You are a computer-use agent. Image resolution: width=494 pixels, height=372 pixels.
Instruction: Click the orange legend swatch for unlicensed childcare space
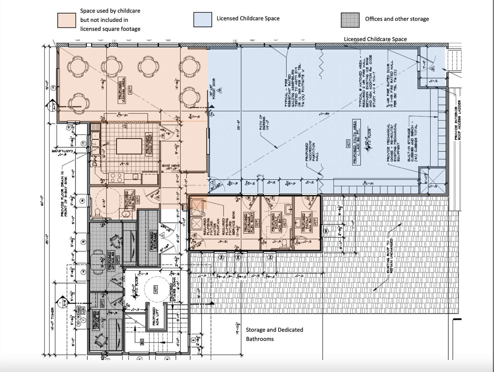[x=67, y=20]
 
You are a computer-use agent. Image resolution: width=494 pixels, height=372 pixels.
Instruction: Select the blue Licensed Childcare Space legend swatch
[x=203, y=20]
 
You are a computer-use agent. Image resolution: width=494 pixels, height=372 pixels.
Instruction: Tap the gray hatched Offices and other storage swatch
[x=350, y=20]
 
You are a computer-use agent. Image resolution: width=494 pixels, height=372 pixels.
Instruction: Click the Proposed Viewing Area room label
[x=121, y=87]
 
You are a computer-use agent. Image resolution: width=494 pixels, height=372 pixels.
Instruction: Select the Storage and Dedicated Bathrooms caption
[x=274, y=334]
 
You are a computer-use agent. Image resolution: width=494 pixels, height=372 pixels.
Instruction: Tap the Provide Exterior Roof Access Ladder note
[x=458, y=120]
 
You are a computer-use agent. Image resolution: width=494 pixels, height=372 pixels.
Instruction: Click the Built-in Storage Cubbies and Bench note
[x=412, y=143]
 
